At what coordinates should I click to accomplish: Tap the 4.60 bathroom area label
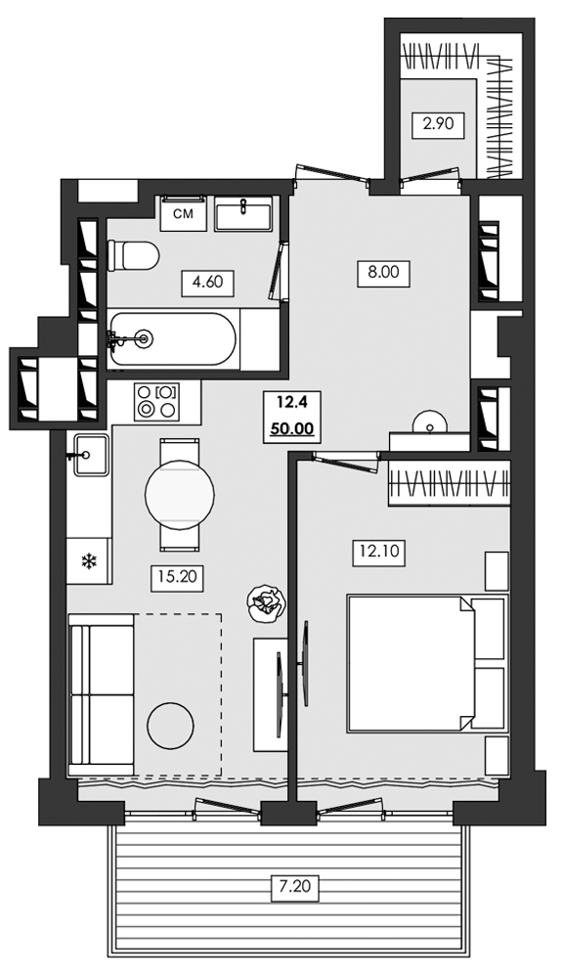pos(207,283)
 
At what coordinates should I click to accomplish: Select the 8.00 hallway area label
pos(383,273)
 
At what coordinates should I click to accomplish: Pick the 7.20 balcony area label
pos(295,886)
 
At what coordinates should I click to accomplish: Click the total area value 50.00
pos(291,429)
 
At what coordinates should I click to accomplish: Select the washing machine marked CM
pos(184,213)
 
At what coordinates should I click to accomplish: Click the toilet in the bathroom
pos(133,255)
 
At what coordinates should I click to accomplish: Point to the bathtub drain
pos(146,338)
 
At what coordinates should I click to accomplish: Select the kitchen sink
pos(89,455)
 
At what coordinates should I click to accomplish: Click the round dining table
pos(180,495)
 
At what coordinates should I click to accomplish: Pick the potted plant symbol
pos(266,601)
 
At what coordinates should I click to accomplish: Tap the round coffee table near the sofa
pos(171,725)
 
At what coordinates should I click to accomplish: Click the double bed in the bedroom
pos(428,662)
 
